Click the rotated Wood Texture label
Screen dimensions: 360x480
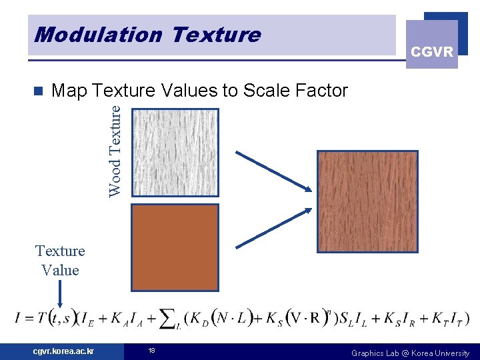click(x=115, y=150)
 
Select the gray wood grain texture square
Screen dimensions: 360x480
click(x=175, y=152)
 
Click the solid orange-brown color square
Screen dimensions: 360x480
click(x=175, y=247)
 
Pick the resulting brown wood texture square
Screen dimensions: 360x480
click(x=367, y=202)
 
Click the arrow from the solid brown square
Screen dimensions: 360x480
click(x=274, y=227)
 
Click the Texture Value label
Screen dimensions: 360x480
click(x=60, y=261)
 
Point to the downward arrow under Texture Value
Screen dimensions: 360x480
click(x=61, y=293)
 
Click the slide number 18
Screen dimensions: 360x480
click(x=151, y=351)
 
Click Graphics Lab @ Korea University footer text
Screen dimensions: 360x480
click(x=410, y=353)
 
